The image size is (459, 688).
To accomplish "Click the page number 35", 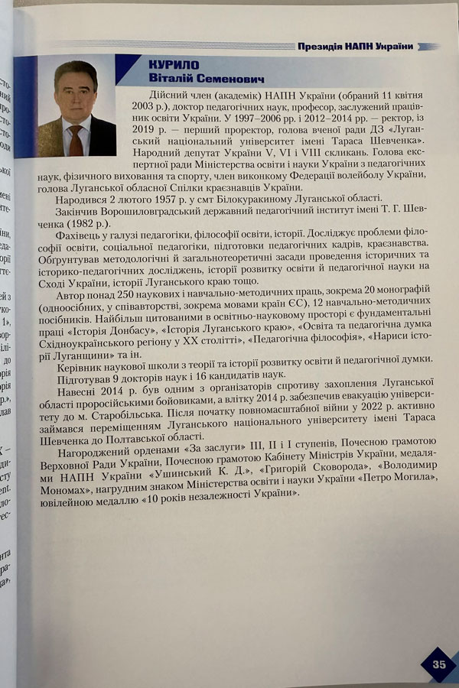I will click(x=438, y=664).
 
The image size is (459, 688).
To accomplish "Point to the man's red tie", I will click(x=75, y=140).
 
